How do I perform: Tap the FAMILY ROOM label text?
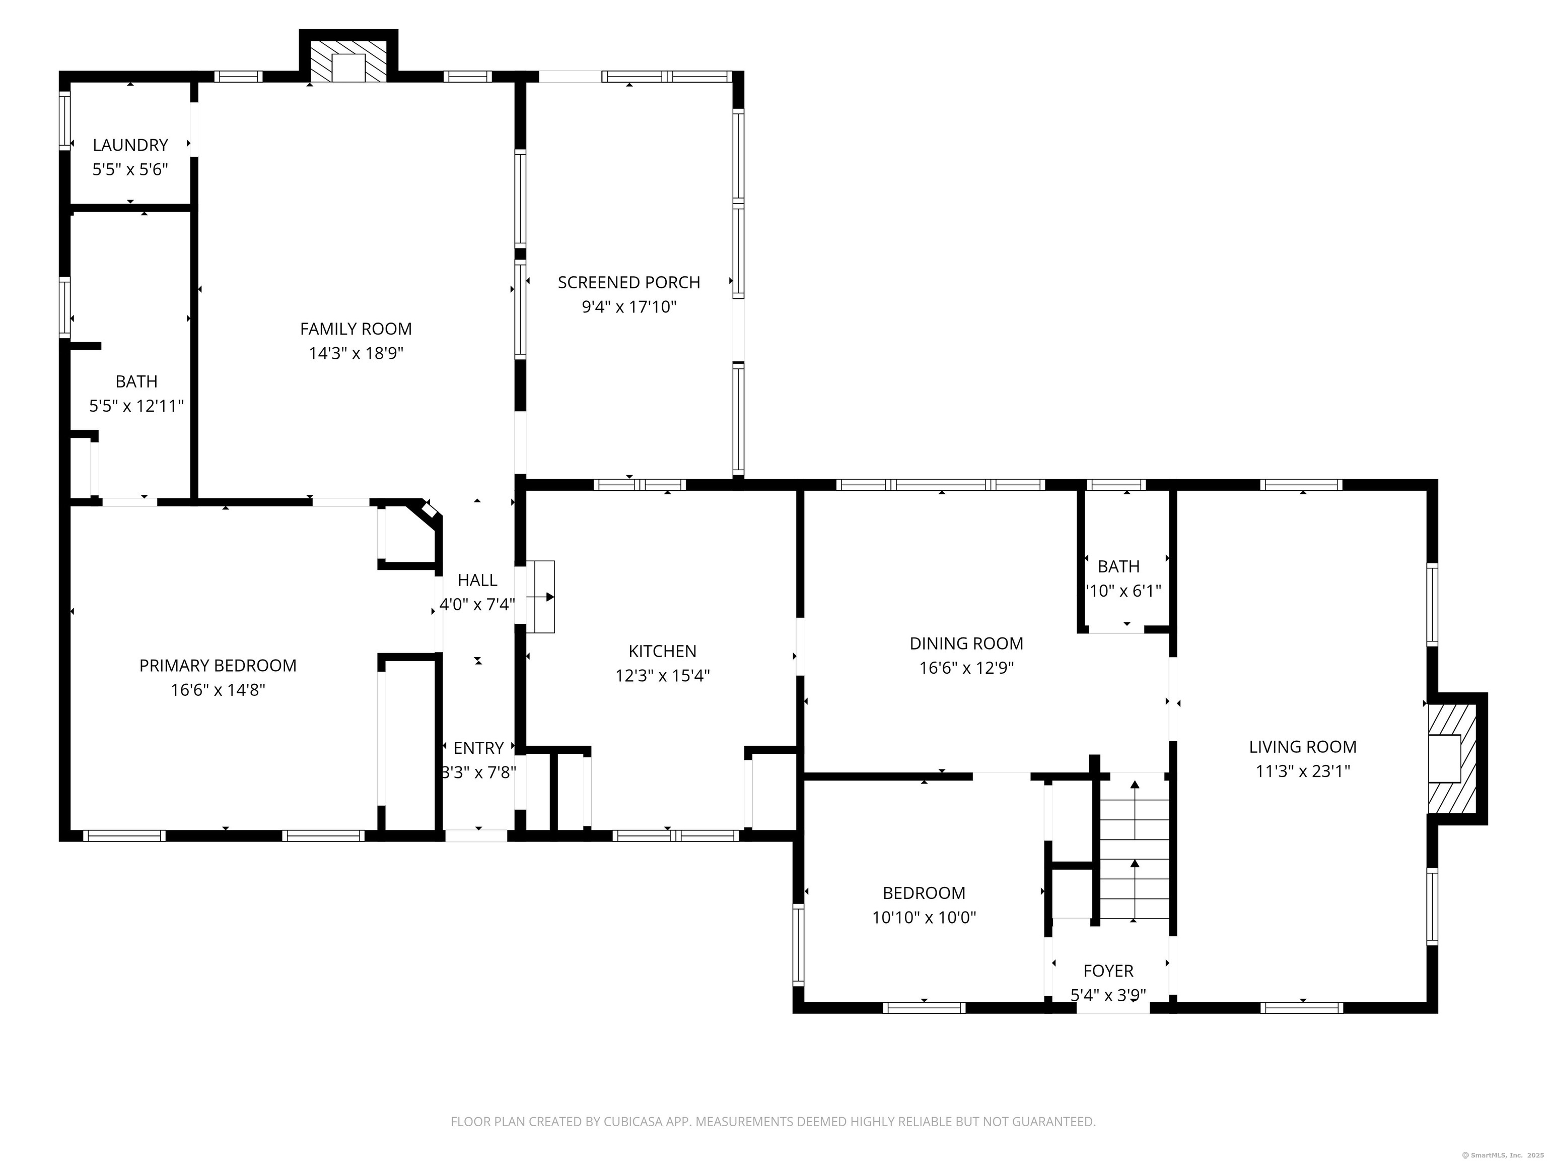coord(356,329)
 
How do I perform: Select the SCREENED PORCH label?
coord(629,282)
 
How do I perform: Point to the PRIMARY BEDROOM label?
coord(218,666)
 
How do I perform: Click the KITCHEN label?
coord(662,652)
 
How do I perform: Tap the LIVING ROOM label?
coord(1302,747)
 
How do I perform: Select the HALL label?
coord(478,580)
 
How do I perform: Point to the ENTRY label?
coord(478,748)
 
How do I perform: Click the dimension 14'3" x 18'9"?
coord(356,353)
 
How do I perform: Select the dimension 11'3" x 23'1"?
coord(1302,771)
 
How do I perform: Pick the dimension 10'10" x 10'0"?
coord(924,918)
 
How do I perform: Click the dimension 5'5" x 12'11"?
coord(136,406)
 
